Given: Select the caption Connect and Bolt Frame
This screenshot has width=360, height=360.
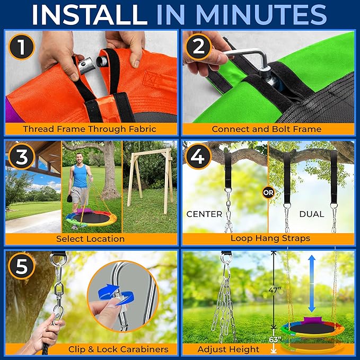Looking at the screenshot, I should [267, 129].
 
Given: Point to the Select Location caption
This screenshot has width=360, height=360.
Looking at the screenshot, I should [91, 239].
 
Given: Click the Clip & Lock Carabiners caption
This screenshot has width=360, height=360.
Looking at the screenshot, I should [118, 349].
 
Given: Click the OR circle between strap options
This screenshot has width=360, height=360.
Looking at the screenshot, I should [268, 193].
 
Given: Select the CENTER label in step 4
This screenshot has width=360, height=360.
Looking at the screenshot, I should [204, 215].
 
